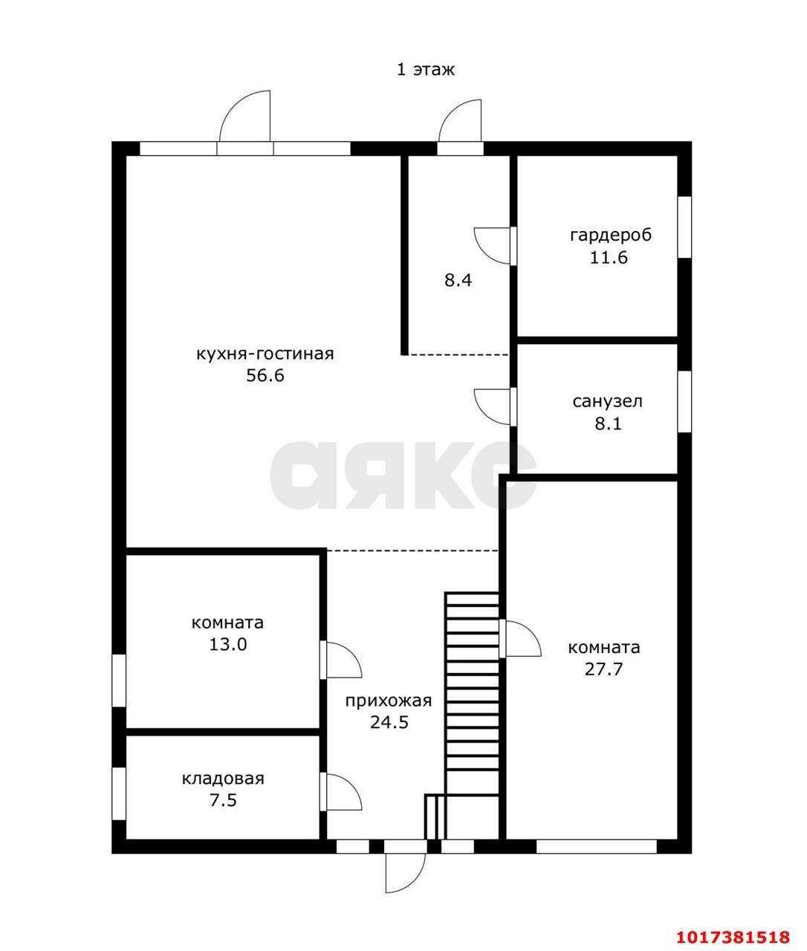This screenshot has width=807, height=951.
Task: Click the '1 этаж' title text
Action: [426, 70]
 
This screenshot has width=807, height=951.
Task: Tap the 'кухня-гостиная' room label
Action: [265, 354]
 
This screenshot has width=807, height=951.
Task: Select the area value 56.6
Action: [265, 375]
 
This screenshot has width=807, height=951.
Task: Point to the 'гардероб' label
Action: [611, 236]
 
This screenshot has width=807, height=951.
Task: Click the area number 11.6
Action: [609, 258]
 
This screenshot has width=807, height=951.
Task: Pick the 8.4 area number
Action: [458, 280]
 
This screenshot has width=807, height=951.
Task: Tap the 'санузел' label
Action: [607, 402]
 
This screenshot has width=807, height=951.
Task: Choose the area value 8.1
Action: [609, 423]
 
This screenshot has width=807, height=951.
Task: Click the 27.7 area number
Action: [603, 669]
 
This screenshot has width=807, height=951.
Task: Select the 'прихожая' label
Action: [389, 701]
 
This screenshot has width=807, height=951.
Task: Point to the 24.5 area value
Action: [389, 723]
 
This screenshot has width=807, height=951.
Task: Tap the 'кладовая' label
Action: [223, 779]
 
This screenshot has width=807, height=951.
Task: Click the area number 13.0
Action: [228, 645]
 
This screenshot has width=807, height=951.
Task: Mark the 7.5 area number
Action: [223, 801]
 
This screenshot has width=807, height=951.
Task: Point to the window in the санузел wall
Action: [684, 402]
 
